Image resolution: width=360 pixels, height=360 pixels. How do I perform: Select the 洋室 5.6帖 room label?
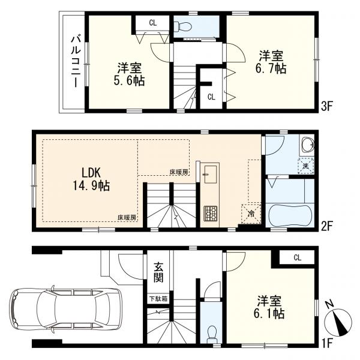[x=130, y=75]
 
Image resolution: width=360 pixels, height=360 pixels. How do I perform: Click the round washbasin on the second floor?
[x=307, y=145]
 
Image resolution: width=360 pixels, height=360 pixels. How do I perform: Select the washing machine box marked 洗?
[x=306, y=166]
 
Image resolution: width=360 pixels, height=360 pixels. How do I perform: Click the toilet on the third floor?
[x=183, y=26]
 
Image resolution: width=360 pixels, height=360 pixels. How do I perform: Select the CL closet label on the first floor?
[x=296, y=257]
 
